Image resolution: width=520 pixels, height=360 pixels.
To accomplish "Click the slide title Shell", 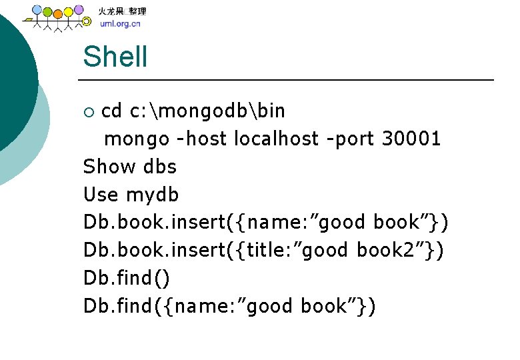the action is click(x=115, y=57).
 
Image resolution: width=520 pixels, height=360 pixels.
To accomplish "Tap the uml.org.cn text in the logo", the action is click(x=120, y=25).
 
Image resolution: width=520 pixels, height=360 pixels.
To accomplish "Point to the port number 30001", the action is click(x=411, y=139).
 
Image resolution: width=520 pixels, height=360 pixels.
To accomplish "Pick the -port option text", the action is click(x=351, y=139).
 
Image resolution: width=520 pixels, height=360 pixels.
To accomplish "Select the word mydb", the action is click(x=153, y=195).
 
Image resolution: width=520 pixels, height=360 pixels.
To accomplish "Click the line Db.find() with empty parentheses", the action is click(x=127, y=278).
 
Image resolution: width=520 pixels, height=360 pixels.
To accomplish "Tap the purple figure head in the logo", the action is click(x=79, y=10).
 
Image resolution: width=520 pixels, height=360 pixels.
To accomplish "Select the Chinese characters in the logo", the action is click(x=123, y=11).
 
